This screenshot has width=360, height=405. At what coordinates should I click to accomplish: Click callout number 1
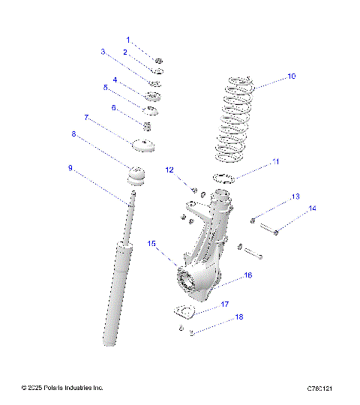[128, 39]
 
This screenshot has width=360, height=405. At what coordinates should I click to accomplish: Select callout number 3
[103, 52]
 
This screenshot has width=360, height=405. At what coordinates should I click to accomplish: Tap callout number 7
[87, 118]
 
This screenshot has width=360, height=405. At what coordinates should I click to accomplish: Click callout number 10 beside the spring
[292, 76]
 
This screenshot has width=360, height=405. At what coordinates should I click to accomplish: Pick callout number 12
[169, 169]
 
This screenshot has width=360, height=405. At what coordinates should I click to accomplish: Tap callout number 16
[248, 276]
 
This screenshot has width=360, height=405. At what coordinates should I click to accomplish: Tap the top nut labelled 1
[158, 60]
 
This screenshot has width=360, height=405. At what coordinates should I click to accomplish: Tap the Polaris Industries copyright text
[62, 388]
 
